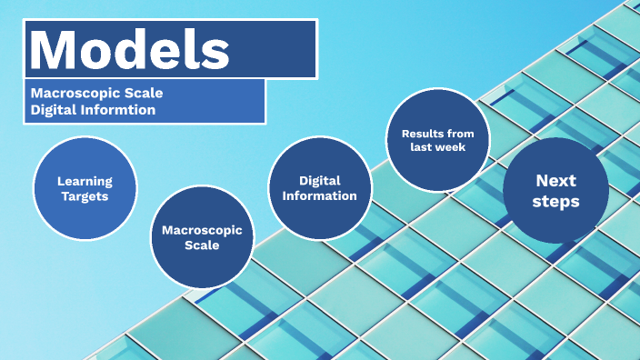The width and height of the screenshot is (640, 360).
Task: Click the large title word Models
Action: click(130, 49)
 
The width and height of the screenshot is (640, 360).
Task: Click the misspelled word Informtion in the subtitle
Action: click(118, 110)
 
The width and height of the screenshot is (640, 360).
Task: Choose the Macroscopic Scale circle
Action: click(201, 236)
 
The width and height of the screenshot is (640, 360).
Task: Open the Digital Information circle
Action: click(319, 187)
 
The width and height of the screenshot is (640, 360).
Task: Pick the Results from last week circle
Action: click(437, 140)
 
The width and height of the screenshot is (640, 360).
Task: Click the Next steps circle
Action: click(555, 190)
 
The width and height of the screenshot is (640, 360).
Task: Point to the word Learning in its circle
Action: click(84, 181)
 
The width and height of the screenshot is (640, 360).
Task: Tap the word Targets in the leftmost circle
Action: click(84, 195)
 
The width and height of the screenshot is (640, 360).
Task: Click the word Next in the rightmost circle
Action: click(555, 180)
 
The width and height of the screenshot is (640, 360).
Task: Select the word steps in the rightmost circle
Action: click(555, 201)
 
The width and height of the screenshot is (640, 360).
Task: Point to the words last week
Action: click(437, 147)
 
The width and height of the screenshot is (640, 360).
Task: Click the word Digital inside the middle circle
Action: click(319, 180)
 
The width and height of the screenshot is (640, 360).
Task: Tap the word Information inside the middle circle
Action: click(319, 195)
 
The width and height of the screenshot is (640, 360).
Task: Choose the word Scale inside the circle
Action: click(201, 245)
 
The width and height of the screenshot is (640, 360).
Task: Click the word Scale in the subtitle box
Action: click(144, 93)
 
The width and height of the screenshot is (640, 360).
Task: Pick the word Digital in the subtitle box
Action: click(53, 110)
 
